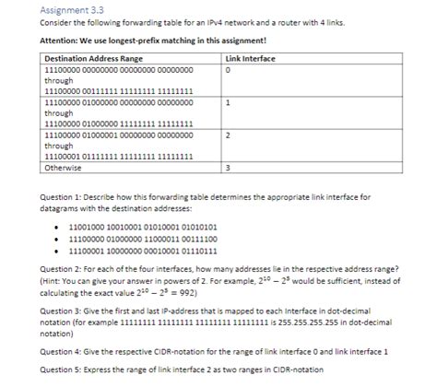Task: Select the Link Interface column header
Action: [x=251, y=58]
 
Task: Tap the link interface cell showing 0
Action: [x=227, y=68]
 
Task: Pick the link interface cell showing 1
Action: [x=227, y=101]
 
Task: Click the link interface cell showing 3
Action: [x=227, y=168]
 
